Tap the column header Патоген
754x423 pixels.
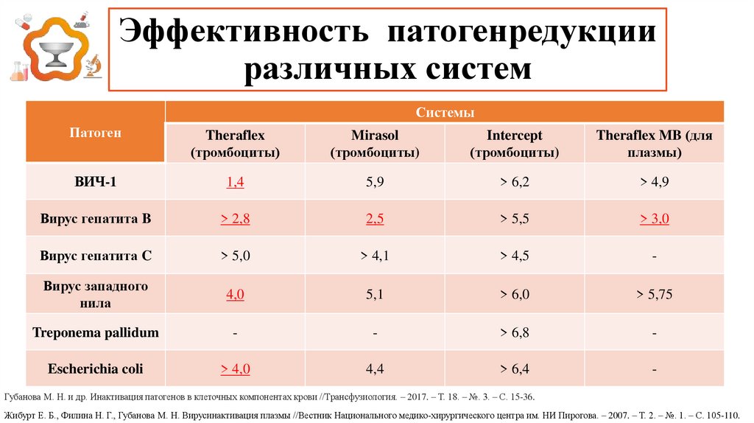pyautogui.click(x=95, y=133)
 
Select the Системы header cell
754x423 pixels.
pyautogui.click(x=444, y=112)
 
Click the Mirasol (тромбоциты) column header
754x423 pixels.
pyautogui.click(x=375, y=144)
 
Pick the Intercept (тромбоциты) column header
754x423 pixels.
pyautogui.click(x=514, y=144)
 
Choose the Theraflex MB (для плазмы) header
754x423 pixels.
pyautogui.click(x=654, y=144)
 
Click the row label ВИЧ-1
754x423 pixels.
pyautogui.click(x=95, y=181)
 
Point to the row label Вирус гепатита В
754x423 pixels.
pyautogui.click(x=95, y=219)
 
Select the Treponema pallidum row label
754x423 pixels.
pyautogui.click(x=95, y=332)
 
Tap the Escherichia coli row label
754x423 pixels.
pyautogui.click(x=95, y=368)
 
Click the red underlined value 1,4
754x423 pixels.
pyautogui.click(x=235, y=181)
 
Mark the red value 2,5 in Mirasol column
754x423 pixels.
pyautogui.click(x=375, y=219)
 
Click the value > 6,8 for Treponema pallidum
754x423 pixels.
pyautogui.click(x=514, y=332)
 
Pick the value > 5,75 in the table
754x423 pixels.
pyautogui.click(x=654, y=294)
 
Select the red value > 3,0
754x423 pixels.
pyautogui.click(x=654, y=219)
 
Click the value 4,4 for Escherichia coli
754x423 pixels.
pyautogui.click(x=375, y=368)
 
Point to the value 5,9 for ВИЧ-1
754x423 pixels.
pyautogui.click(x=375, y=181)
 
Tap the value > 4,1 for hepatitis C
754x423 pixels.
pyautogui.click(x=375, y=256)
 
